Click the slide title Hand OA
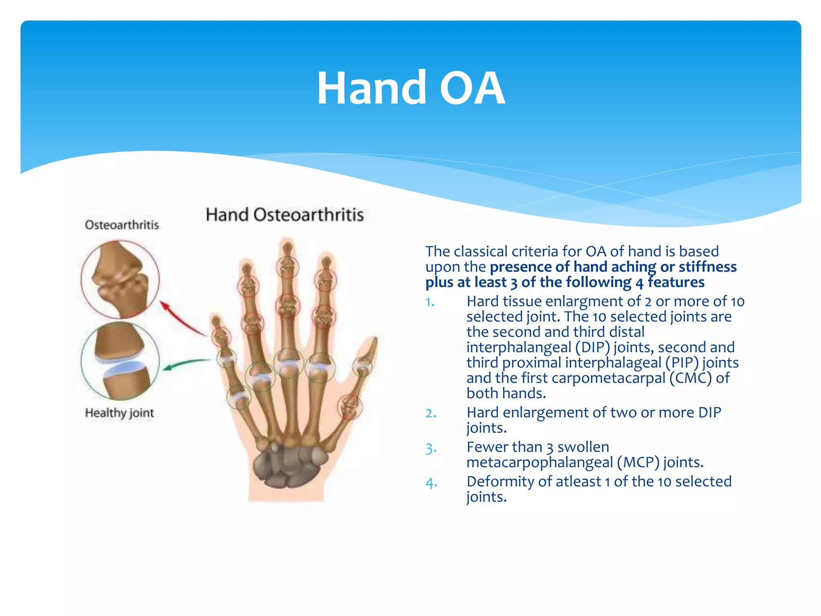click(410, 88)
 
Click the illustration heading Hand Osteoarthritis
click(285, 215)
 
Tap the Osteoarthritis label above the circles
click(122, 225)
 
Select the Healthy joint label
click(119, 413)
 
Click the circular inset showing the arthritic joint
click(120, 280)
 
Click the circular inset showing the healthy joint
click(120, 361)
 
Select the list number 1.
click(430, 302)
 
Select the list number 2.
click(431, 413)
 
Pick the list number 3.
click(431, 448)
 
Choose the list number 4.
click(431, 482)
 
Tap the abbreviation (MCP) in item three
click(638, 462)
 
